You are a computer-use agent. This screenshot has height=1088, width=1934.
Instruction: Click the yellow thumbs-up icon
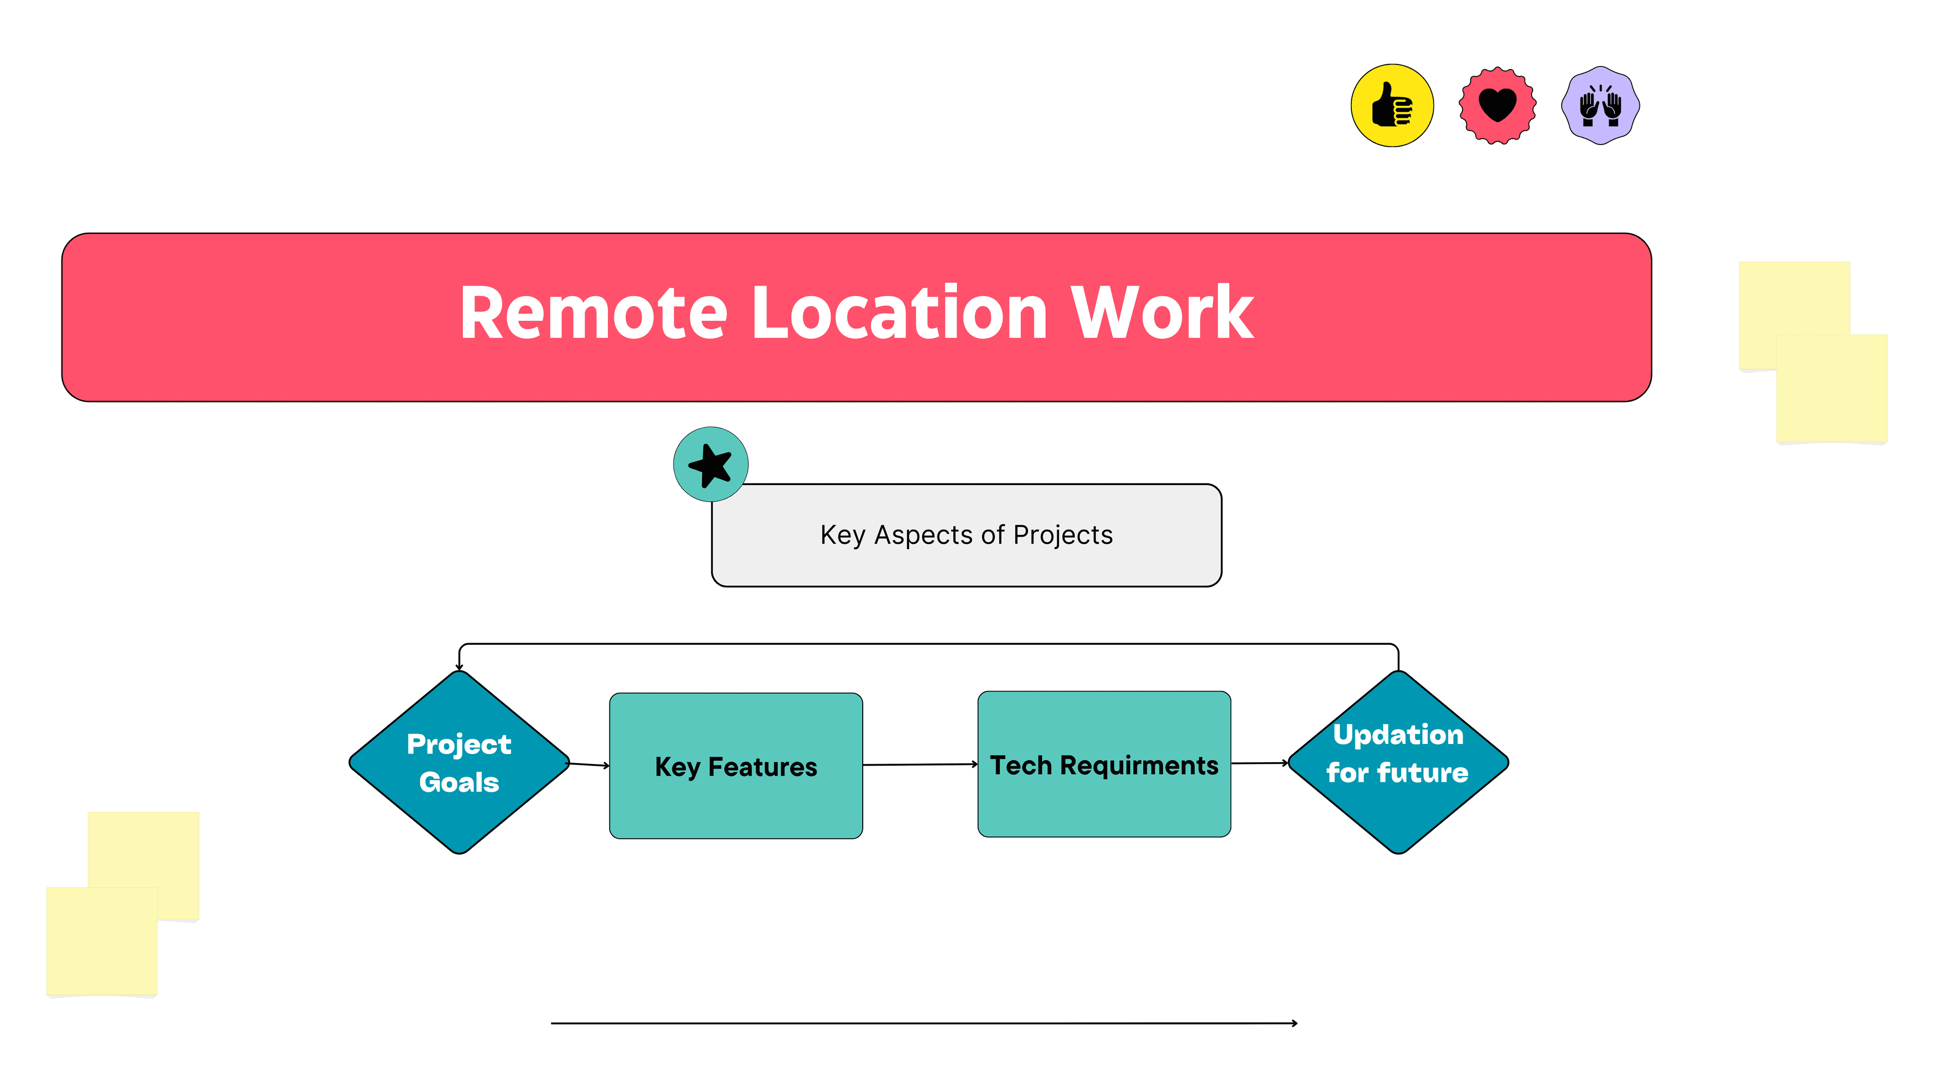click(x=1392, y=105)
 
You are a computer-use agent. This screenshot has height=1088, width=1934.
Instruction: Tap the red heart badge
click(x=1497, y=105)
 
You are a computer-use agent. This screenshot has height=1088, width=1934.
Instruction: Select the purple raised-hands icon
click(x=1600, y=105)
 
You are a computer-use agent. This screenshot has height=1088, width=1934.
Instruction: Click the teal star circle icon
click(x=710, y=464)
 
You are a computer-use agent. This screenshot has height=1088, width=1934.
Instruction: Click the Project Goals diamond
click(x=459, y=762)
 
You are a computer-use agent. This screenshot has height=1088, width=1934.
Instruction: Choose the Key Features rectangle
click(x=736, y=766)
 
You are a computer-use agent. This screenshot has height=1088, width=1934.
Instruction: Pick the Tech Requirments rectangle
click(x=1103, y=765)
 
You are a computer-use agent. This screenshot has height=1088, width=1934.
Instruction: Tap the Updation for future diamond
click(x=1398, y=762)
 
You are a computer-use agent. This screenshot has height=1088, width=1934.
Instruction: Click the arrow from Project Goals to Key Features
click(x=589, y=765)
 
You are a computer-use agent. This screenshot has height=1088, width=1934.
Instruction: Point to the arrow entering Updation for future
click(x=1260, y=763)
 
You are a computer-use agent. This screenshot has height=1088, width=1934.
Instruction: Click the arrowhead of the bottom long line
click(x=1295, y=1023)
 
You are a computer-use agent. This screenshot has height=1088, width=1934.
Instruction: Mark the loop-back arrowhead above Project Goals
click(x=459, y=667)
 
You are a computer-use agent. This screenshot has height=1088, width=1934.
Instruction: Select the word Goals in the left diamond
click(x=459, y=782)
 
